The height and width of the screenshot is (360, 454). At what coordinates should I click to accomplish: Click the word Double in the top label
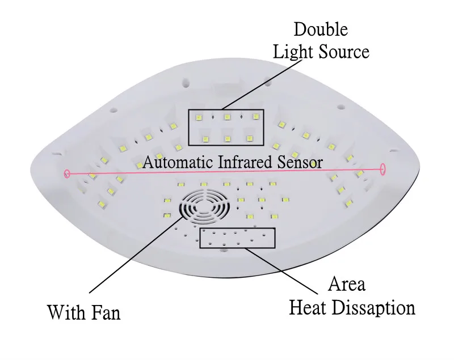(x=321, y=29)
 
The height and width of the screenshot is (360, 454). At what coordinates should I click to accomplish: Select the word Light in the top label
(x=292, y=52)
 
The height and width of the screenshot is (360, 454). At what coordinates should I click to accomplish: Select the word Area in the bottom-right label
(x=346, y=284)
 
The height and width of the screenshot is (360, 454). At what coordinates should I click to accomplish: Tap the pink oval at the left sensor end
(x=67, y=173)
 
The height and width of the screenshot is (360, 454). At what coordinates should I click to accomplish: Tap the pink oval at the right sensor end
(x=383, y=169)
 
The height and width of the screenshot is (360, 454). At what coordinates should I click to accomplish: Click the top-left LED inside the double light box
(x=198, y=118)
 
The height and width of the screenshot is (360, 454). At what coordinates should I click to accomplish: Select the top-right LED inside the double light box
(x=256, y=117)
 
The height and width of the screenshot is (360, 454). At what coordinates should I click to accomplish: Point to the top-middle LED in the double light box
(x=226, y=117)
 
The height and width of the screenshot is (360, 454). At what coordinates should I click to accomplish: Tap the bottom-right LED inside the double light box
(x=250, y=138)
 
